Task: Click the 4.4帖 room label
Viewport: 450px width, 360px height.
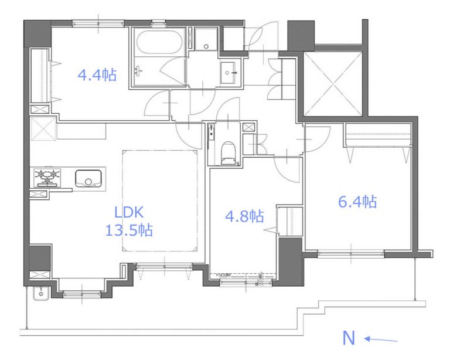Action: [97, 75]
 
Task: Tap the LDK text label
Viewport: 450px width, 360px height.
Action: [129, 212]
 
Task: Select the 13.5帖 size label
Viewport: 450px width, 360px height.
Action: [129, 230]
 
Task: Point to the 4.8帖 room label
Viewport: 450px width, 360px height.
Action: [244, 216]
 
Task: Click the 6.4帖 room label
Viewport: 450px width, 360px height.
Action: [357, 201]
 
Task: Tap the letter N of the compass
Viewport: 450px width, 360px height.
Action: [349, 338]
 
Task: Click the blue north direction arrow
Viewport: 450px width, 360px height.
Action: [381, 339]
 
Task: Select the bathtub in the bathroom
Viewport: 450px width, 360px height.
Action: [159, 42]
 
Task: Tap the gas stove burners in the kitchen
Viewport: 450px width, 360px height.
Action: [47, 177]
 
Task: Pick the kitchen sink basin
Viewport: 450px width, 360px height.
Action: [88, 179]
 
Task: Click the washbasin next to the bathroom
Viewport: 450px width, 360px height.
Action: [228, 73]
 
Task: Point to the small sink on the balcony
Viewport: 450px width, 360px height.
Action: [41, 294]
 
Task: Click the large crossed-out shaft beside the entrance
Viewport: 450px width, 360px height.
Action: [333, 83]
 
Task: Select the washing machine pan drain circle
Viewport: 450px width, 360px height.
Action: [206, 46]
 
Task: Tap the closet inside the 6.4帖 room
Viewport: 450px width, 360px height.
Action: [379, 135]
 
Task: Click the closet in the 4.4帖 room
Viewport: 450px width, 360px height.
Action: [41, 75]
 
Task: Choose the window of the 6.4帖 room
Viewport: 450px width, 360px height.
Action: [351, 253]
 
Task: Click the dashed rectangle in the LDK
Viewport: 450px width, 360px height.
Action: [160, 201]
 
